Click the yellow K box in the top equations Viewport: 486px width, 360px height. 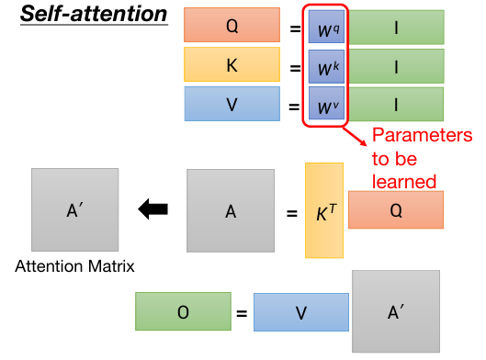click(232, 66)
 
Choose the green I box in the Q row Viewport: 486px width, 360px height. click(395, 27)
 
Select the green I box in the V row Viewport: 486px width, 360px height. click(395, 106)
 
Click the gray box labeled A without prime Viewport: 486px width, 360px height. click(231, 211)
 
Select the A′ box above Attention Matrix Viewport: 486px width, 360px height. click(74, 210)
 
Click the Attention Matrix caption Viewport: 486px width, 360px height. click(73, 266)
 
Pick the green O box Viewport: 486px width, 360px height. click(183, 312)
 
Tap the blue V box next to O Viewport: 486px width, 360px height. click(300, 312)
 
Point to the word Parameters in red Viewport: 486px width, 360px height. click(422, 137)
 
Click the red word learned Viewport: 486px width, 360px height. click(403, 180)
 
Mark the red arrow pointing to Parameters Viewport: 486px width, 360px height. click(356, 138)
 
